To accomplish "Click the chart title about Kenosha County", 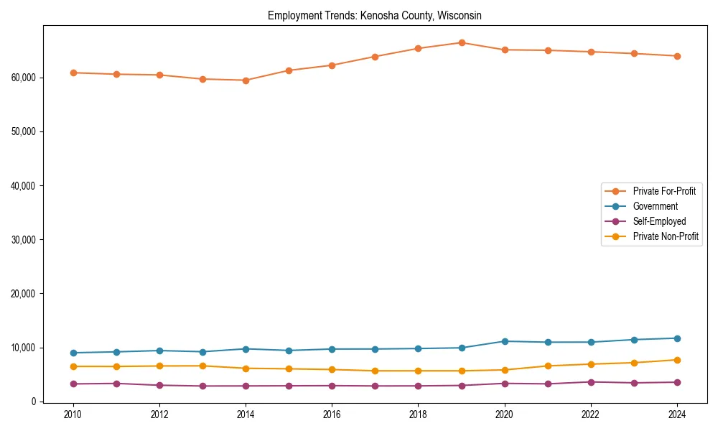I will pos(375,15).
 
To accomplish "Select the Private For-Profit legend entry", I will pos(663,191).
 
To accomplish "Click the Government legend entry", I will pos(655,206).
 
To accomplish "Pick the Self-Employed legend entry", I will pos(659,221).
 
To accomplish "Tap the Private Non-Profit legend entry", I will pos(666,236).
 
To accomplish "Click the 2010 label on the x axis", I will pos(73,414).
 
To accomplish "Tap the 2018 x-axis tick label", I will pos(418,414).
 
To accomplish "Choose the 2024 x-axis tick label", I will pos(677,414).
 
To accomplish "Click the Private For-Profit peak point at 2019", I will pos(462,42).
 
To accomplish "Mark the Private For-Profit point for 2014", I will pos(246,80).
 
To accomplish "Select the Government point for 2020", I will pos(505,341).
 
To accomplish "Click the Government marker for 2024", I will pos(677,338).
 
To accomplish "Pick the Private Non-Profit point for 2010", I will pos(73,366).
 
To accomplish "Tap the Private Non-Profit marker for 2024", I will pos(677,360).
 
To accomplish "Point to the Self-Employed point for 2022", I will pos(591,382).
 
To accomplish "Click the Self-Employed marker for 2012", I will pos(159,385).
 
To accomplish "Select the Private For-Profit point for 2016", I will pos(332,65).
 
